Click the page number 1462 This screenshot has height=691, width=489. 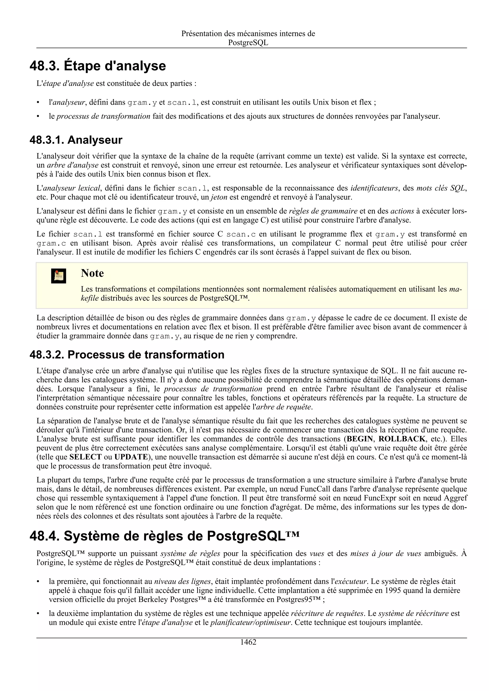click(x=248, y=642)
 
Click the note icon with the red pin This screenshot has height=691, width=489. click(x=58, y=275)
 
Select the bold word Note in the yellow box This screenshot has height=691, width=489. click(x=92, y=273)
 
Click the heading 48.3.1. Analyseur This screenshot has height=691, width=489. click(x=76, y=140)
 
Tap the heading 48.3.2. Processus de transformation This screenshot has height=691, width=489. click(x=127, y=355)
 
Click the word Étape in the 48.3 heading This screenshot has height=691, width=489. click(x=82, y=66)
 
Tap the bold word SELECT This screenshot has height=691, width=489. click(x=85, y=457)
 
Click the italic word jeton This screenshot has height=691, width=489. click(x=218, y=197)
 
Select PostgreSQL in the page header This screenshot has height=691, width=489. click(x=248, y=43)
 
